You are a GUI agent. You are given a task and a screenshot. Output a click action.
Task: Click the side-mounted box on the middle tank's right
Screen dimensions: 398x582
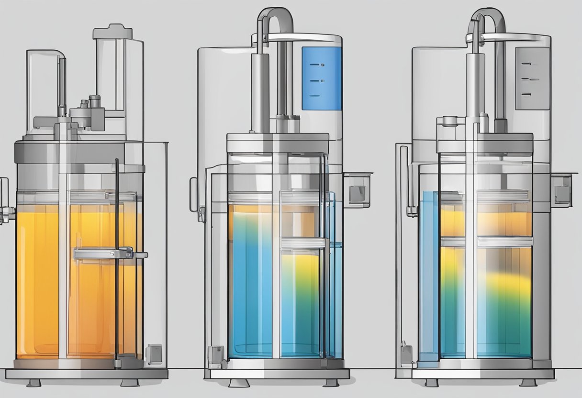pos(358,189)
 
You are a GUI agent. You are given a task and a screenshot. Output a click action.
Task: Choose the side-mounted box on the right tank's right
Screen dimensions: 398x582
pos(562,190)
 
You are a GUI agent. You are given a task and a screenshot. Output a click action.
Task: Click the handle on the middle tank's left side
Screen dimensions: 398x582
pos(193,194)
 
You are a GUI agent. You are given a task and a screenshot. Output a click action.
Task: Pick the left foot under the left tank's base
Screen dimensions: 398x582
pos(34,383)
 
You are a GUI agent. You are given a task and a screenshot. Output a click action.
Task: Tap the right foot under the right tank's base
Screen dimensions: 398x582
pos(528,383)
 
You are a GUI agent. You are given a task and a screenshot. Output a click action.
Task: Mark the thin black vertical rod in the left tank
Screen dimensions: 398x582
pos(116,263)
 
